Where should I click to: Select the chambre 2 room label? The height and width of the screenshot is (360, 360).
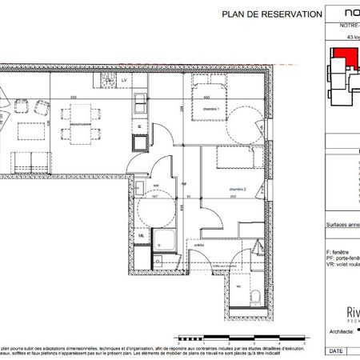(x=238, y=190)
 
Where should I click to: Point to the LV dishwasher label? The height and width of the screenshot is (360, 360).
(x=125, y=81)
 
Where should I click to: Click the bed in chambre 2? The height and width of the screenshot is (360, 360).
(x=240, y=161)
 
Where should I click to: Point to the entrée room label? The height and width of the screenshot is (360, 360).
(x=199, y=245)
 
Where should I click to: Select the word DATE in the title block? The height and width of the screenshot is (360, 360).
(x=339, y=351)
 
